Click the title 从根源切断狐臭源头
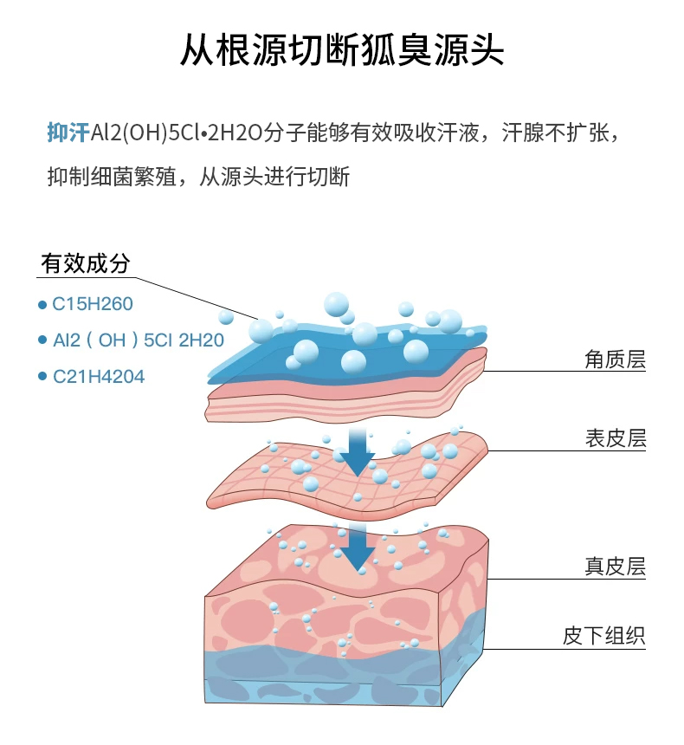[341, 51]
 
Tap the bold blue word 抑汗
[68, 133]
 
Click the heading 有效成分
[85, 263]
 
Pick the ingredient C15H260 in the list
[93, 304]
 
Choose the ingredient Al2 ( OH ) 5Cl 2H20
[138, 340]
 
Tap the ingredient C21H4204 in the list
[98, 376]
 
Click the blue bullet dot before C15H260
[42, 305]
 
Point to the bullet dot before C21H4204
[42, 377]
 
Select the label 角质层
[616, 359]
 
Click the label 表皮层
[616, 438]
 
